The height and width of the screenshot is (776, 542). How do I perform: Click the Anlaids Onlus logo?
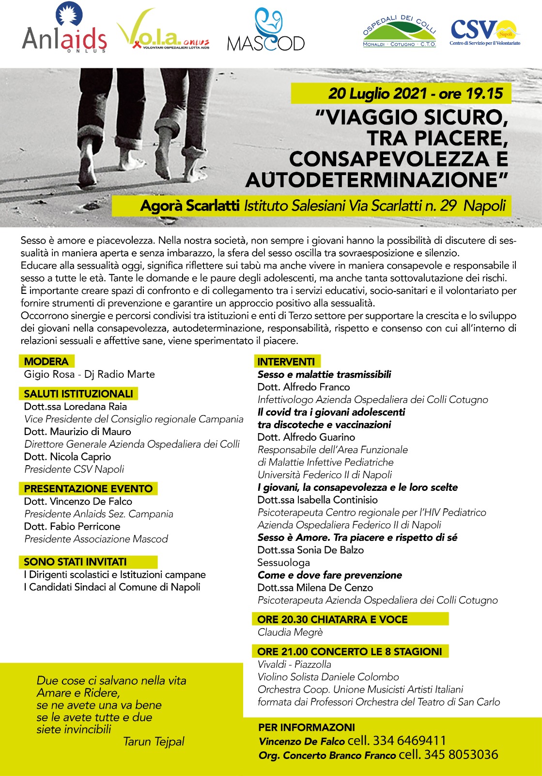(64, 29)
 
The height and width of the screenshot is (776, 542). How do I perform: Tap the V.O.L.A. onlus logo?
(163, 32)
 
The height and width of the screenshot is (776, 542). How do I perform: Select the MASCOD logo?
(266, 32)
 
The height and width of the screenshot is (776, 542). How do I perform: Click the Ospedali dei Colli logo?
(400, 32)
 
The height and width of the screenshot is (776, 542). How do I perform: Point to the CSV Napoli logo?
(484, 32)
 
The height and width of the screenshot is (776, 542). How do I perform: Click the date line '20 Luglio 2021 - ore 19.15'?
(416, 94)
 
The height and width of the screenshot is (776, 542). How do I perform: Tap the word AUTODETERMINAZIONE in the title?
(377, 180)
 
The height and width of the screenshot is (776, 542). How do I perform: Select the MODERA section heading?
(46, 361)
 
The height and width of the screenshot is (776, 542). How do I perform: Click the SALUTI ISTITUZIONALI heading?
(78, 393)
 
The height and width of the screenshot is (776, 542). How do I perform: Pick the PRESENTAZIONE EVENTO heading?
(88, 488)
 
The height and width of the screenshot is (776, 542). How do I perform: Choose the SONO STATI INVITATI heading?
(75, 562)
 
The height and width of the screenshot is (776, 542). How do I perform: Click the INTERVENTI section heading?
(286, 361)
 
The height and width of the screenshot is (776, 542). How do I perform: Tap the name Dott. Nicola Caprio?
(67, 456)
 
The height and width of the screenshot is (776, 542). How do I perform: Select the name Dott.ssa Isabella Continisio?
(317, 500)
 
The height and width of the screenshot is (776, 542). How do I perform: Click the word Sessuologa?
(283, 563)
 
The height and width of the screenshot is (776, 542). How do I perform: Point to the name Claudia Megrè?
(290, 632)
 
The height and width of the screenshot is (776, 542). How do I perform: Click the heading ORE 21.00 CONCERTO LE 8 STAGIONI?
(349, 651)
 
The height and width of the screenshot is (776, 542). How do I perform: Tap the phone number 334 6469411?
(409, 741)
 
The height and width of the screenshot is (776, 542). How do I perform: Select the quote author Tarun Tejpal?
(154, 741)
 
